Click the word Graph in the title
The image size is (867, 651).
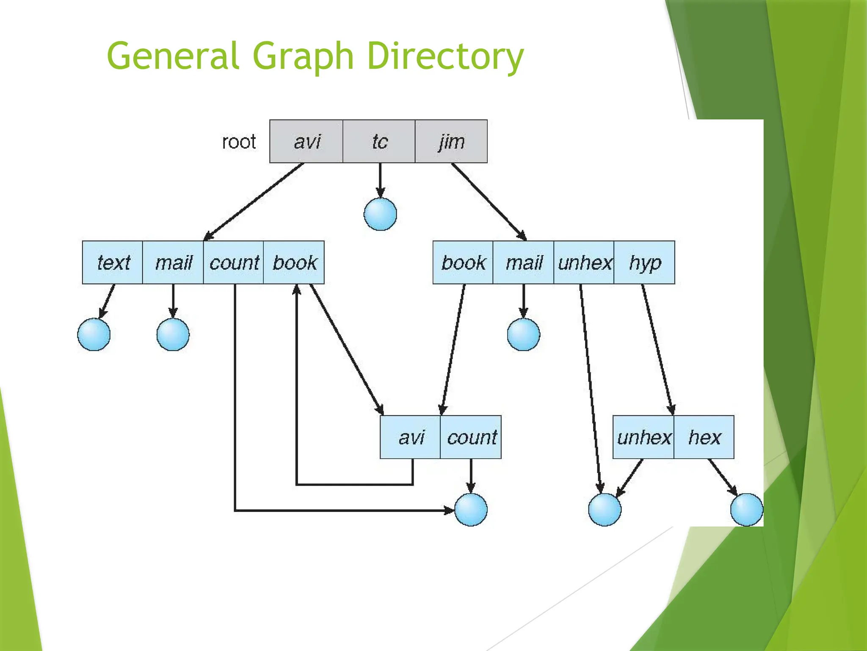[303, 56]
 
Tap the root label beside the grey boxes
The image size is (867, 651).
[239, 142]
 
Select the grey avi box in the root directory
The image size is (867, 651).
[306, 142]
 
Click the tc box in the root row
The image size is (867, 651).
[379, 142]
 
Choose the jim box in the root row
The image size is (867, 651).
[451, 142]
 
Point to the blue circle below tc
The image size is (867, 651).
[380, 214]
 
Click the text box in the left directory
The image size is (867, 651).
[113, 262]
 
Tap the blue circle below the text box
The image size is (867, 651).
[94, 334]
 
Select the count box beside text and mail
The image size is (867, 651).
[234, 262]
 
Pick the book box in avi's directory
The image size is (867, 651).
[294, 262]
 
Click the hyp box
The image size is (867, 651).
[644, 262]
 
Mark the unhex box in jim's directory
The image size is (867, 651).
[584, 262]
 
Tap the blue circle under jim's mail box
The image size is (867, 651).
[523, 334]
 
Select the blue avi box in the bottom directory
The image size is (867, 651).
[411, 437]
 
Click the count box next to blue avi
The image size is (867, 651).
[471, 437]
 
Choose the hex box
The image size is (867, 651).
[704, 437]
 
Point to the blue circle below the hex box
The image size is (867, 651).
[746, 509]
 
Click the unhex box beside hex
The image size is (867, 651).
[643, 437]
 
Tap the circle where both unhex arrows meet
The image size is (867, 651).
[605, 509]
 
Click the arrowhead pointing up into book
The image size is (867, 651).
[297, 289]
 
